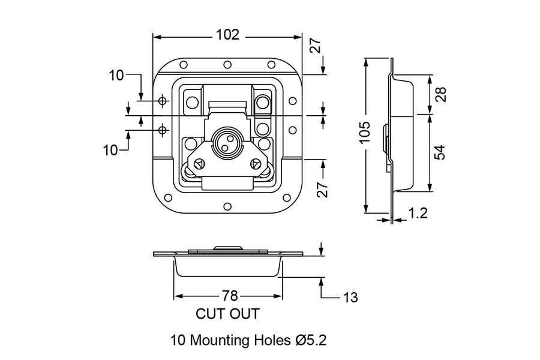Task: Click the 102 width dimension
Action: point(227,35)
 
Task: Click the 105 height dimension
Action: point(366,132)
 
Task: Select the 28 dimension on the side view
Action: point(442,94)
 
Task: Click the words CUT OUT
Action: point(227,313)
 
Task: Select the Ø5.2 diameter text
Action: point(310,341)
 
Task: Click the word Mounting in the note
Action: point(218,341)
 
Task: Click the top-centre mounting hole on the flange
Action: point(227,65)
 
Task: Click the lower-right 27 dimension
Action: point(323,188)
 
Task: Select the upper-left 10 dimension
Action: point(116,76)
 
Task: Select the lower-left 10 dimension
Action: point(110,150)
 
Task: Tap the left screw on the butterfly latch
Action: point(198,161)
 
